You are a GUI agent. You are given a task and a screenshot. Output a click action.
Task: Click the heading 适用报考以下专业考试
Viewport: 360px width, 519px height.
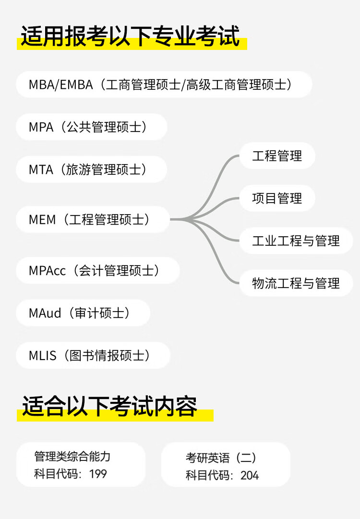tap(130, 37)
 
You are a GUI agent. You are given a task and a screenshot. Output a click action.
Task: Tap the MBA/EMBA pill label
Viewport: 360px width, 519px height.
tap(164, 85)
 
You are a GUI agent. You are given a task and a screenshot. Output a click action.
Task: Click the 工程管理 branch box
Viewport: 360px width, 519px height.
tap(277, 156)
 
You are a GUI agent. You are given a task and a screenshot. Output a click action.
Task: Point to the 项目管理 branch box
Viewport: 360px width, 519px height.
tap(277, 198)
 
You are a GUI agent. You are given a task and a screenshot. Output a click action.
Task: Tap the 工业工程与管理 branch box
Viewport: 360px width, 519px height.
tap(296, 241)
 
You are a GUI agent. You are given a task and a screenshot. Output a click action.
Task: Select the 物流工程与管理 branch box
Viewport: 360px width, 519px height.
tap(296, 283)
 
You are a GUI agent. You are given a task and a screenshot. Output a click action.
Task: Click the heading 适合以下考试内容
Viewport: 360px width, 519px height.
tap(110, 407)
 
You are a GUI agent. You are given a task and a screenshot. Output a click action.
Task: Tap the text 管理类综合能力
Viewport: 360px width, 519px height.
tap(72, 456)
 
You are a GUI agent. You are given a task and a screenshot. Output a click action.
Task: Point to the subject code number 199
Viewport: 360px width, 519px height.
tap(98, 474)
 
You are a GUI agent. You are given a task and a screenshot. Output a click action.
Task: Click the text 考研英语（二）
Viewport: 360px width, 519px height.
tap(221, 458)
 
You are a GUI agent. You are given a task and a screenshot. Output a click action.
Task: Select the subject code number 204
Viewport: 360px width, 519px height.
tap(250, 475)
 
